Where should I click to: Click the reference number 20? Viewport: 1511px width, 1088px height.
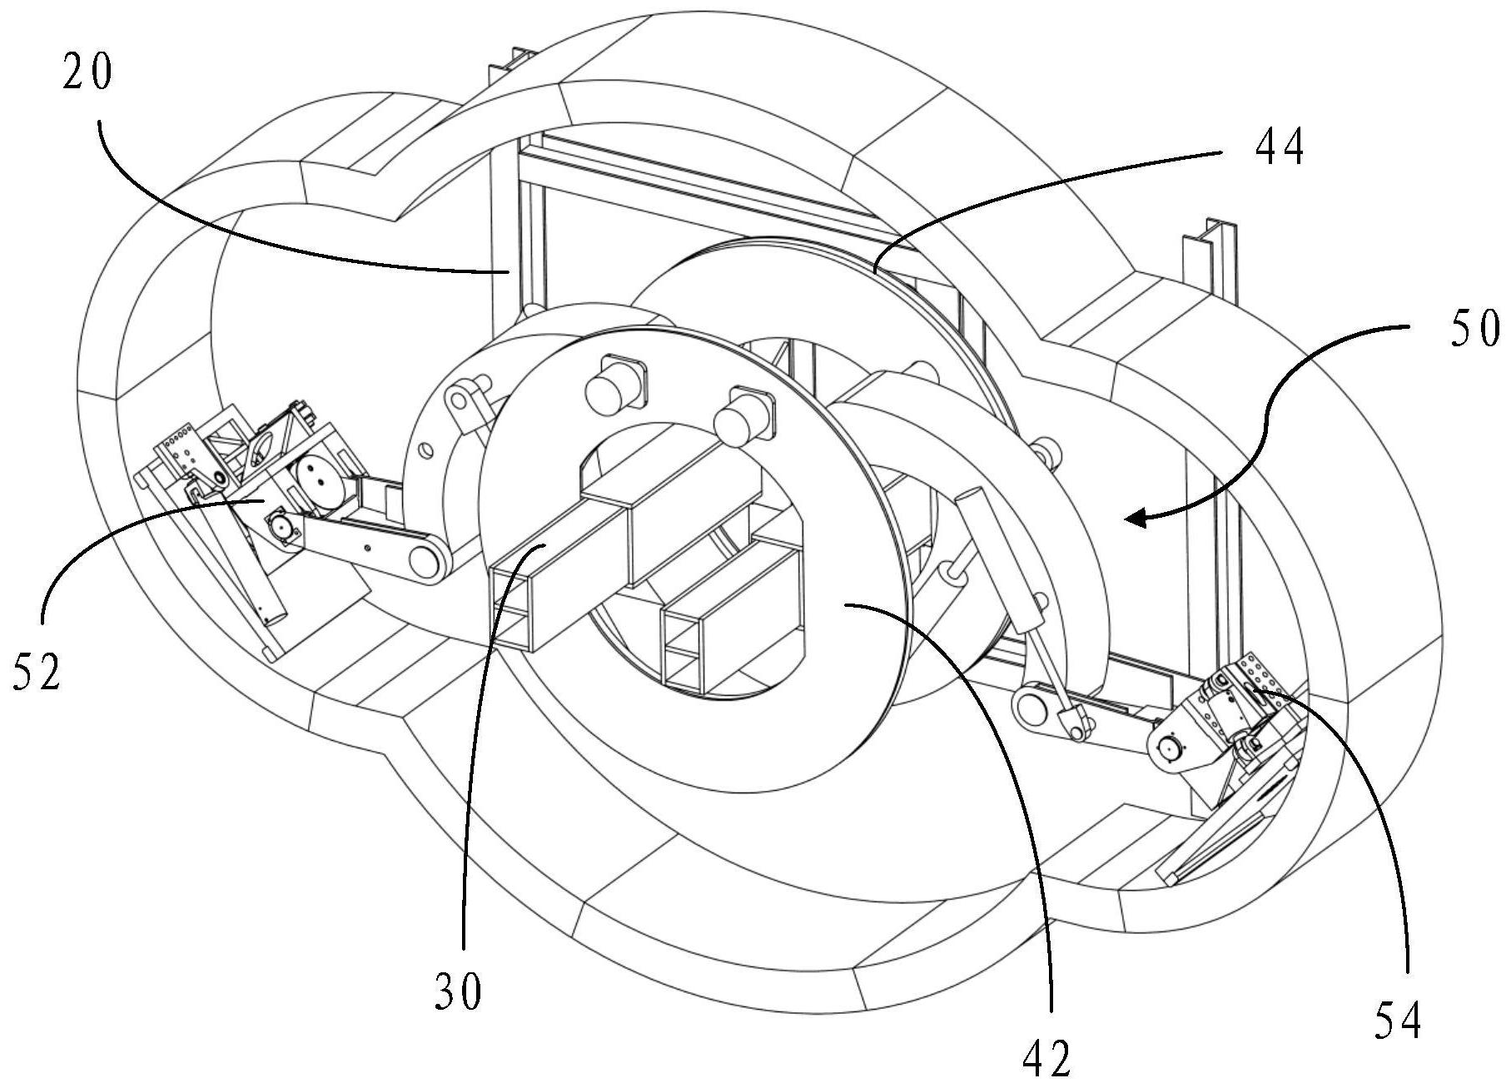[x=87, y=76]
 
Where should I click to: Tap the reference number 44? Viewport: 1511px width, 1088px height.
[x=1279, y=148]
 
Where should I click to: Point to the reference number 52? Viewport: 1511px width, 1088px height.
[x=37, y=671]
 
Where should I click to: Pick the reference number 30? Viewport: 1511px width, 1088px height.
[x=458, y=991]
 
